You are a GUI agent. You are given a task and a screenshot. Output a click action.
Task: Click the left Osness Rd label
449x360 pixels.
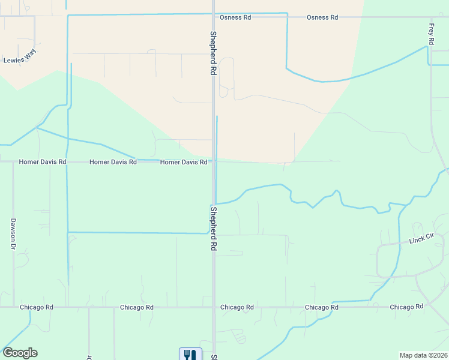pyautogui.click(x=235, y=17)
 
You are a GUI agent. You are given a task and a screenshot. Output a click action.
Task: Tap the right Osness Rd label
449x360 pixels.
pyautogui.click(x=322, y=17)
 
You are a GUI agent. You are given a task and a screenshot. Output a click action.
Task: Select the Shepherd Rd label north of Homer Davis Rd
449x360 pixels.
pyautogui.click(x=212, y=53)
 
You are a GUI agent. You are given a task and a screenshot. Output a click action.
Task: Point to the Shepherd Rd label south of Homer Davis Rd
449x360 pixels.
pyautogui.click(x=213, y=228)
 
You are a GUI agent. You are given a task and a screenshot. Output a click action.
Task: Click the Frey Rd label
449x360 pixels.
pyautogui.click(x=431, y=35)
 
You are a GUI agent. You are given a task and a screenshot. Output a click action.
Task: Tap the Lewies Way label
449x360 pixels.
pyautogui.click(x=20, y=59)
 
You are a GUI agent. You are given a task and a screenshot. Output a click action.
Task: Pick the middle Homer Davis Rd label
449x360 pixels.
pyautogui.click(x=113, y=162)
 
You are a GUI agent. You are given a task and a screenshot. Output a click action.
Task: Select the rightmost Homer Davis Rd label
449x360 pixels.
pyautogui.click(x=184, y=162)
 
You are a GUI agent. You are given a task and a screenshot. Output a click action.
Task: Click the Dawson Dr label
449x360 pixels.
pyautogui.click(x=13, y=233)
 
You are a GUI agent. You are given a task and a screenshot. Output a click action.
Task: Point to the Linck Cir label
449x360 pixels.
pyautogui.click(x=421, y=240)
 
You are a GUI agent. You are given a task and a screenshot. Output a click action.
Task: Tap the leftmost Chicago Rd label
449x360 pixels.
pyautogui.click(x=37, y=307)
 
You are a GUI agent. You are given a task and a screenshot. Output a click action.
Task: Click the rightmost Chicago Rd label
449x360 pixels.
pyautogui.click(x=406, y=307)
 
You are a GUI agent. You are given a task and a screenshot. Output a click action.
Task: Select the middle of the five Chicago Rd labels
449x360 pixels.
pyautogui.click(x=237, y=307)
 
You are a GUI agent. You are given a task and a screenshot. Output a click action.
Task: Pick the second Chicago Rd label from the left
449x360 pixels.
pyautogui.click(x=137, y=307)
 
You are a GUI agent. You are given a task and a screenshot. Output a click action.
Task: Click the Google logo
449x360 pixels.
pyautogui.click(x=20, y=353)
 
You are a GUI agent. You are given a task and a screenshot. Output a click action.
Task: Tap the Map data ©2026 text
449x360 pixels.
pyautogui.click(x=423, y=355)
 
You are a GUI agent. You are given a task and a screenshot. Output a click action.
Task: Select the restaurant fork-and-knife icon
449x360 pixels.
pyautogui.click(x=190, y=355)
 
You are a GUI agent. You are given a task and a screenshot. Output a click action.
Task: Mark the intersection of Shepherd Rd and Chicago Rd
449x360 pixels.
pyautogui.click(x=213, y=307)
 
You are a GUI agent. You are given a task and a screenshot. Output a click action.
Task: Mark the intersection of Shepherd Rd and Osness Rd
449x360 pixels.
pyautogui.click(x=213, y=17)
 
